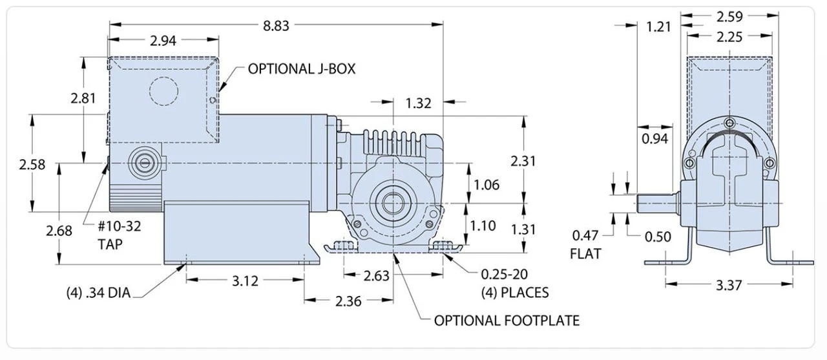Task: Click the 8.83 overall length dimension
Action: pyautogui.click(x=276, y=25)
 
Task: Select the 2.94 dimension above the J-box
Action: pyautogui.click(x=163, y=41)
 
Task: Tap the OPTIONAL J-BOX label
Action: pyautogui.click(x=301, y=69)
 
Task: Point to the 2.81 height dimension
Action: pyautogui.click(x=83, y=98)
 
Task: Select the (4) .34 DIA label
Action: pyautogui.click(x=98, y=293)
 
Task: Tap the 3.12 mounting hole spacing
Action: pyautogui.click(x=245, y=281)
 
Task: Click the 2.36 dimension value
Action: pyautogui.click(x=349, y=301)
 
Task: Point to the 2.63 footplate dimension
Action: pyautogui.click(x=377, y=276)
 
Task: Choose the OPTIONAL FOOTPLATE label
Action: pyautogui.click(x=506, y=320)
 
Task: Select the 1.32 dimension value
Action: pyautogui.click(x=418, y=102)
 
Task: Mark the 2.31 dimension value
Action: pyautogui.click(x=523, y=162)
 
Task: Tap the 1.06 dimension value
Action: pyautogui.click(x=487, y=185)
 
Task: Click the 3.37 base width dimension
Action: pyautogui.click(x=729, y=284)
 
